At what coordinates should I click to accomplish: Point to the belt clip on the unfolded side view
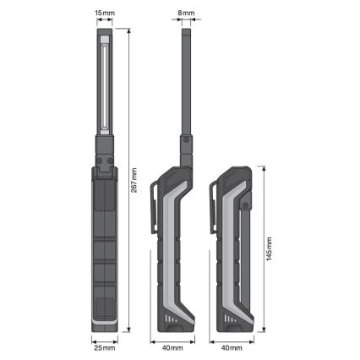pyautogui.click(x=155, y=207)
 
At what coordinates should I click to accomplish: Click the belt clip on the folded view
pyautogui.click(x=214, y=207)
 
